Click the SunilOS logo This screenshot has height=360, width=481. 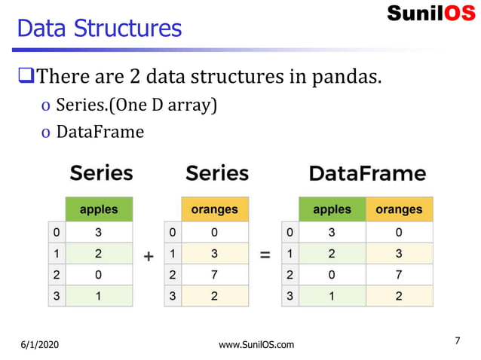pos(430,14)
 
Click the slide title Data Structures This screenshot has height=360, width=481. pos(99,29)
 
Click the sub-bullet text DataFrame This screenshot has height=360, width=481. pos(100,132)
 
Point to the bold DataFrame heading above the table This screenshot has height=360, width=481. pos(367,173)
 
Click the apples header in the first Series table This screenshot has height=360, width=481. pos(99,209)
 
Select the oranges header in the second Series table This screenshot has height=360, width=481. pos(215,209)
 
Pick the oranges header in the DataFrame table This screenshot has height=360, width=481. pos(399,209)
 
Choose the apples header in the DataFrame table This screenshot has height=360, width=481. pos(332,209)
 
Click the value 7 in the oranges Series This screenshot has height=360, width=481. pos(215,275)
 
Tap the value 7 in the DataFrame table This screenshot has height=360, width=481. pos(399,275)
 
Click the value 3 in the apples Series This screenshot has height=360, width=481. pos(99,232)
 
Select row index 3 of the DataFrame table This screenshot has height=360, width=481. pos(290,296)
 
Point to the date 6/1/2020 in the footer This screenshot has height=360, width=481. pos(40,345)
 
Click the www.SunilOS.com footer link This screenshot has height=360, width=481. pos(256,345)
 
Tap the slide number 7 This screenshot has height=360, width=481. pos(458,342)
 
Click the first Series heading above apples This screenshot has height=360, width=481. pos(101,173)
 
